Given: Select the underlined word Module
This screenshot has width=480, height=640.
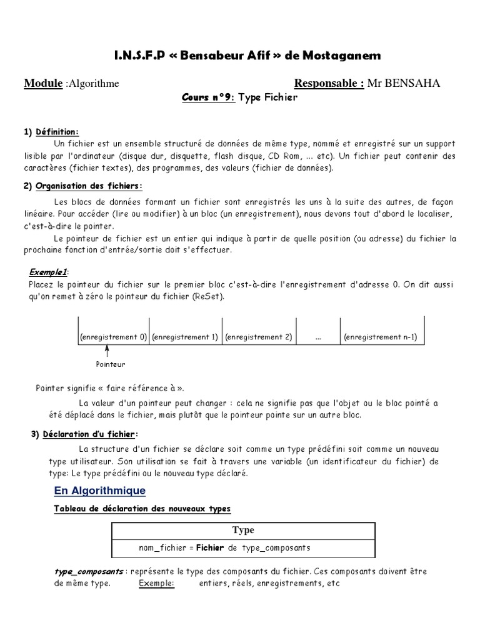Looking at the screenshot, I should point(43,84).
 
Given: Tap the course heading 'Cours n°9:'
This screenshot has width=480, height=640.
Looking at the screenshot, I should point(208,98).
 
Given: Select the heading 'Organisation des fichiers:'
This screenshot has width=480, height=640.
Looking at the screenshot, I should point(89,186).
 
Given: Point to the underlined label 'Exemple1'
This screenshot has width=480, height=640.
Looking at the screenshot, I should point(49,272).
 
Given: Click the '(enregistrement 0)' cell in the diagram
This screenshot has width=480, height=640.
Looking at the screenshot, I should point(112,337).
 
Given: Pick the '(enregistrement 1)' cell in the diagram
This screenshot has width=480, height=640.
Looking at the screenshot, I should point(185,337).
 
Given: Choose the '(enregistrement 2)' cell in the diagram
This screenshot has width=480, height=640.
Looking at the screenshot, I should point(258,337).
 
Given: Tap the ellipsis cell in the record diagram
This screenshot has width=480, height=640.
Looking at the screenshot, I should point(318,337).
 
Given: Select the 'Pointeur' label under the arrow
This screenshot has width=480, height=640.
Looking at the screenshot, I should point(110,364).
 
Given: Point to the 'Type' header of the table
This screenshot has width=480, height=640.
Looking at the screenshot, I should point(243,530).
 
